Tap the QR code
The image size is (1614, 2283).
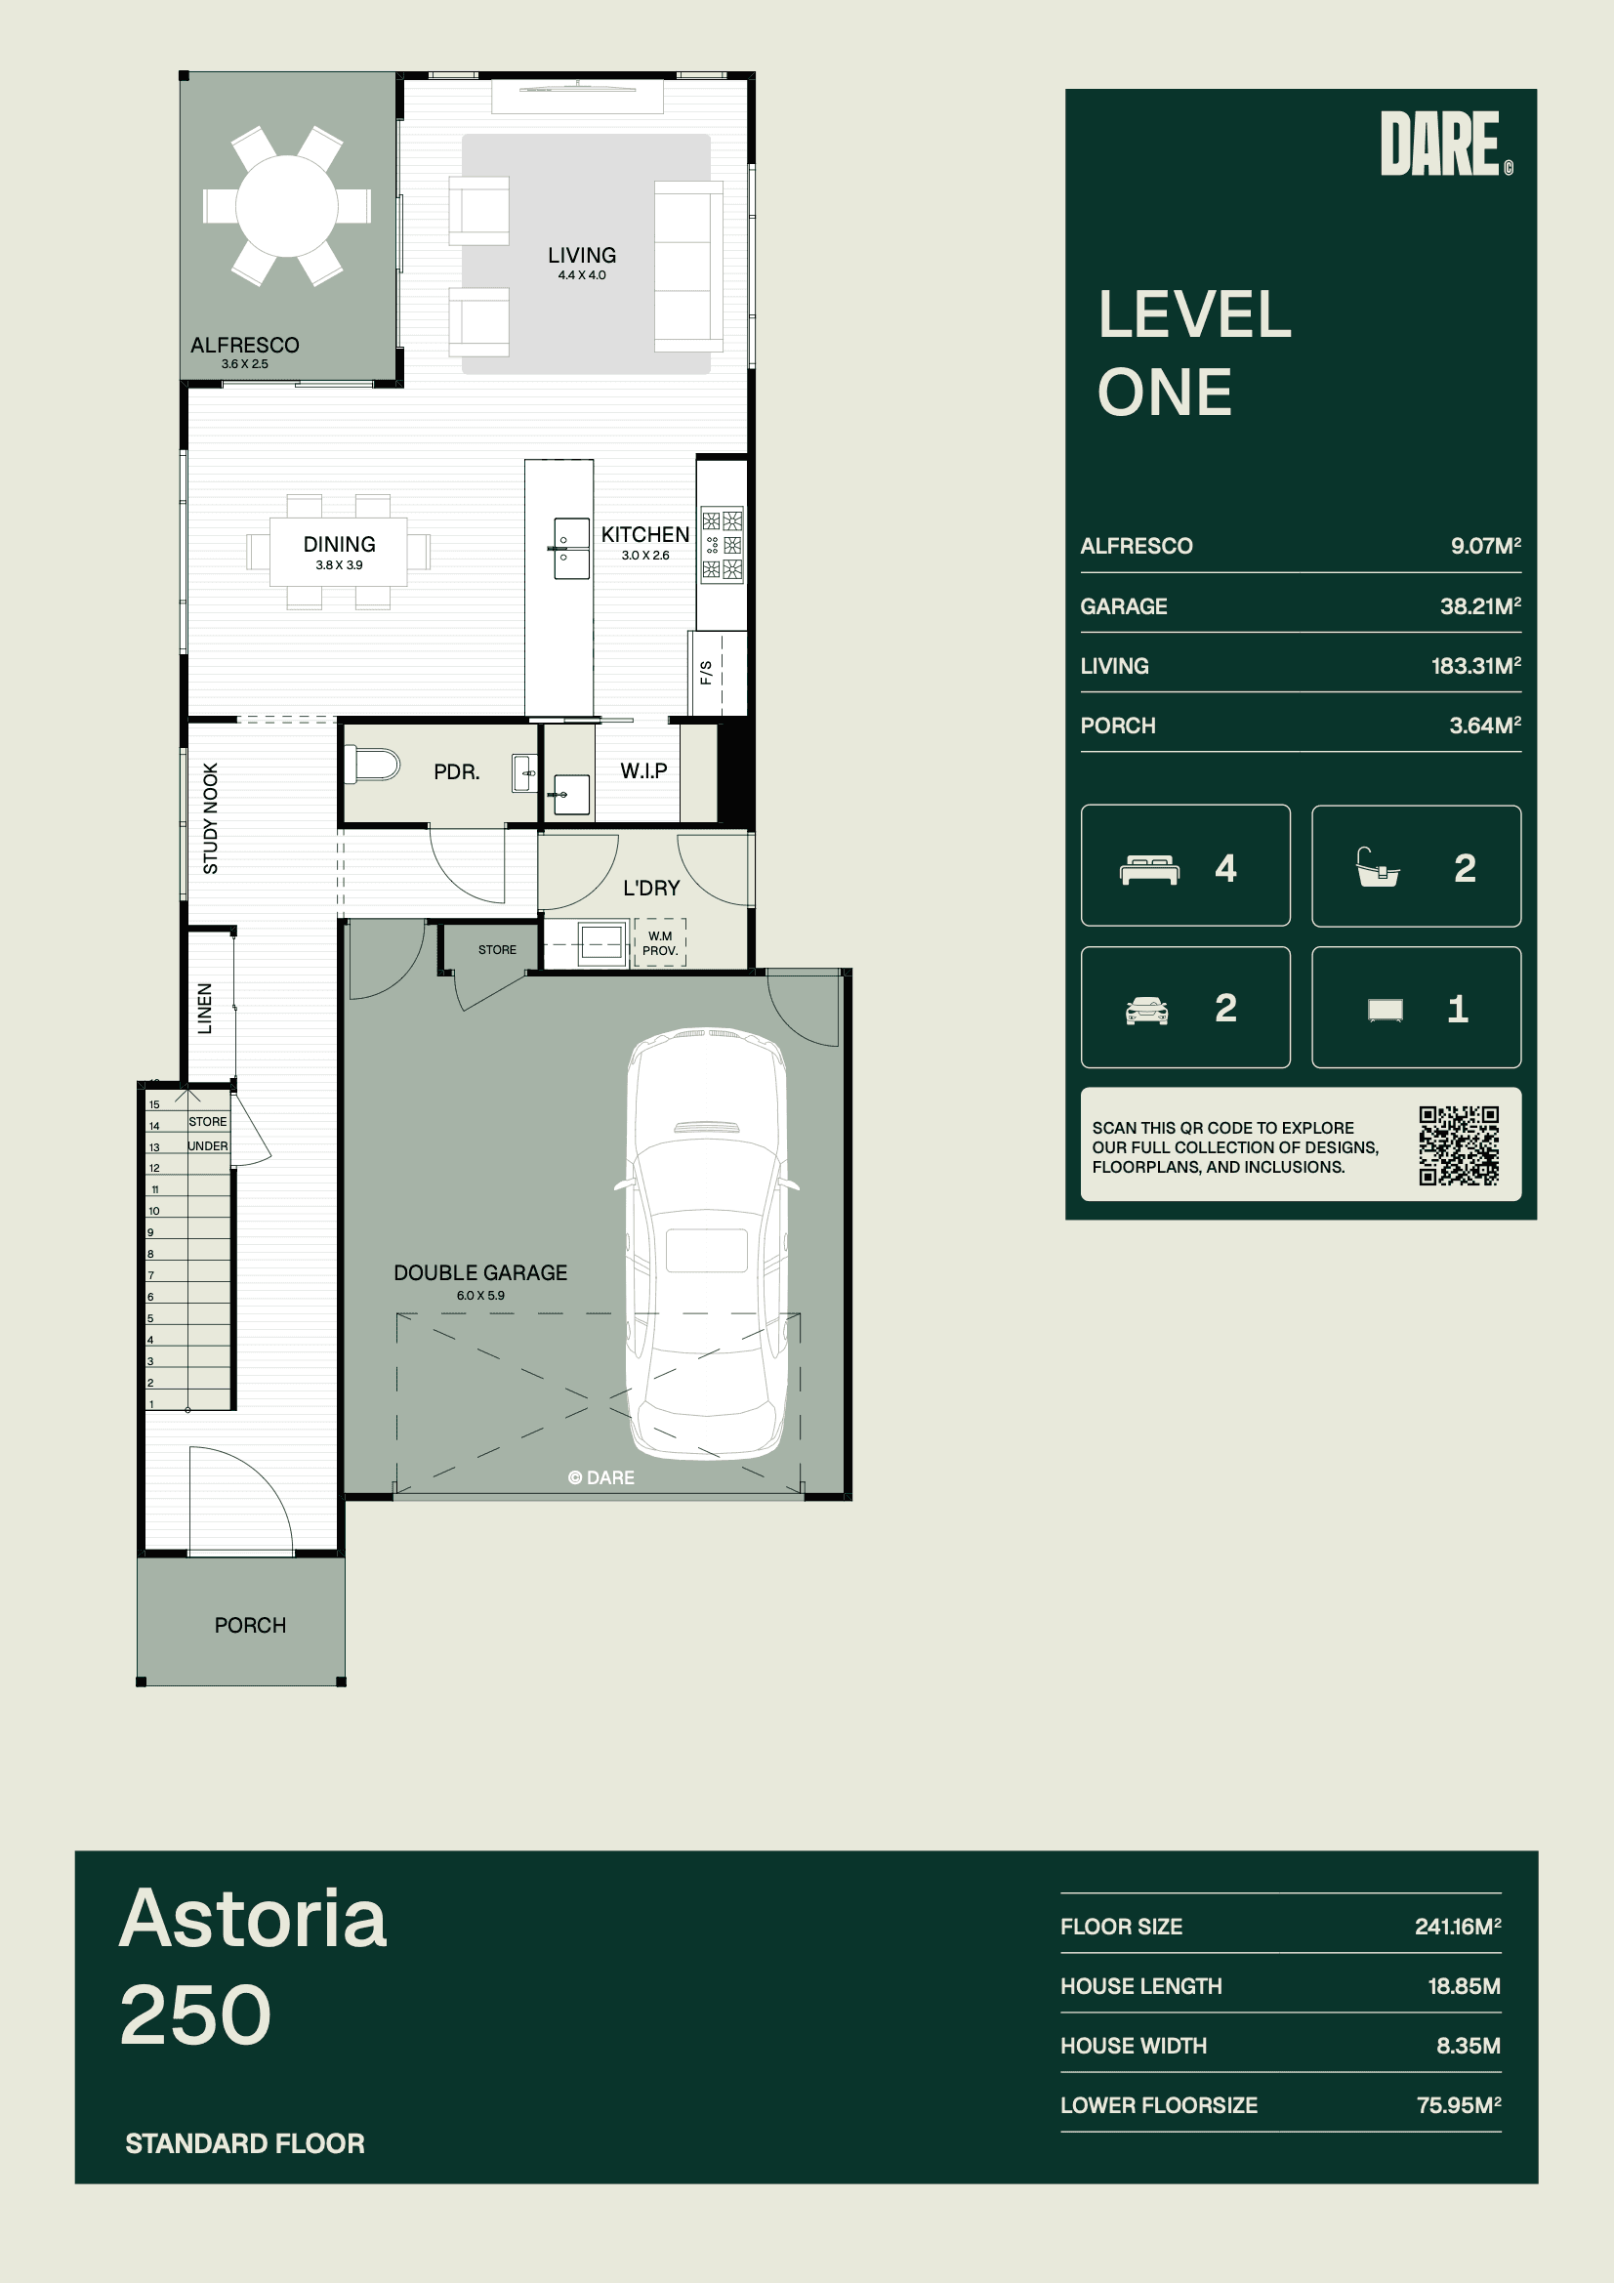coord(1458,1145)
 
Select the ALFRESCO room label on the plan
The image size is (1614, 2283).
coord(245,345)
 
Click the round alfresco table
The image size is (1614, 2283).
coord(286,206)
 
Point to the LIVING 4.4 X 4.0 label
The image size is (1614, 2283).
coord(582,263)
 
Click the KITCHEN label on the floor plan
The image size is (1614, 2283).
coord(644,535)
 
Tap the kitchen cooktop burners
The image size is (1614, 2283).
coord(722,545)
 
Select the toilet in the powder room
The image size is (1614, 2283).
coord(371,766)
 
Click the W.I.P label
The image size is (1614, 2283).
coord(643,770)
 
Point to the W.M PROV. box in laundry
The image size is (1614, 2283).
coord(659,942)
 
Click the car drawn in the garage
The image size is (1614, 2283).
coord(706,1244)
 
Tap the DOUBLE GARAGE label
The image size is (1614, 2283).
coord(480,1272)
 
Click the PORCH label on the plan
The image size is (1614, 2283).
coord(251,1625)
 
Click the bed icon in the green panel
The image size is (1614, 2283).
coord(1148,869)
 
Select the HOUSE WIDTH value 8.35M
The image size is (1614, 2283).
coord(1468,2046)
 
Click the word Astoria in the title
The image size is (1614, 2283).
coord(253,1918)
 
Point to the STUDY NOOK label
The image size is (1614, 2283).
coord(210,818)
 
